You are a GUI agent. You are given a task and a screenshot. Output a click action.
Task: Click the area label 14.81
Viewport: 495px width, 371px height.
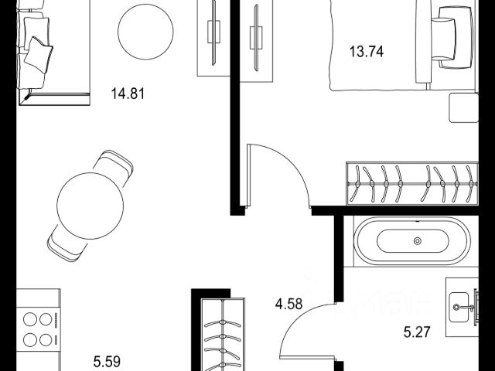(128, 94)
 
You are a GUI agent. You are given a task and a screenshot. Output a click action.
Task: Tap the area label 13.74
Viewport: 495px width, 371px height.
(367, 52)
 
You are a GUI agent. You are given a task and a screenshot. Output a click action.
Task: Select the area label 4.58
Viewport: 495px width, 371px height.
(288, 304)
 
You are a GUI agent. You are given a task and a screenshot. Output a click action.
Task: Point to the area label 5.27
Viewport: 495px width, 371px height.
(417, 332)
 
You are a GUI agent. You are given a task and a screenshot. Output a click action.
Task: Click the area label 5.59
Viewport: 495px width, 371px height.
(107, 361)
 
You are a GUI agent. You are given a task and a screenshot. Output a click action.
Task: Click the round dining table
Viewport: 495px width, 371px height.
(90, 206)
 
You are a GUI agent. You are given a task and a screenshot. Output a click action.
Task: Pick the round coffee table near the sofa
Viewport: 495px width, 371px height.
(145, 32)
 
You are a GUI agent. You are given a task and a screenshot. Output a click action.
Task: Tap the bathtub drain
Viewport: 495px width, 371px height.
(418, 241)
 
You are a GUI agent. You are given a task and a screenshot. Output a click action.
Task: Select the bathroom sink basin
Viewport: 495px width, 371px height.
(459, 307)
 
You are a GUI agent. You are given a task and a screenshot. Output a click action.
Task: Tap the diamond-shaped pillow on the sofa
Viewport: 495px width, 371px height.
(39, 55)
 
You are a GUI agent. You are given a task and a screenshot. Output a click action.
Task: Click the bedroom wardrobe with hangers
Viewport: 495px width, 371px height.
(412, 184)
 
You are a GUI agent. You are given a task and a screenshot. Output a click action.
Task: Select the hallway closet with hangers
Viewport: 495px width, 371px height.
(223, 335)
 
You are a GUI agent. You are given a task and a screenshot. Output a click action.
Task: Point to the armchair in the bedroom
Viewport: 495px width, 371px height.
(452, 38)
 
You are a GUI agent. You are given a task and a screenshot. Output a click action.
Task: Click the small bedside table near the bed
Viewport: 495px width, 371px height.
(463, 107)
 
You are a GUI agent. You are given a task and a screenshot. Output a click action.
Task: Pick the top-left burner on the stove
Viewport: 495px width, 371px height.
(30, 319)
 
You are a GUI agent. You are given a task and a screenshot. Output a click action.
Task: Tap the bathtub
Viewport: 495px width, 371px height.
(412, 240)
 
